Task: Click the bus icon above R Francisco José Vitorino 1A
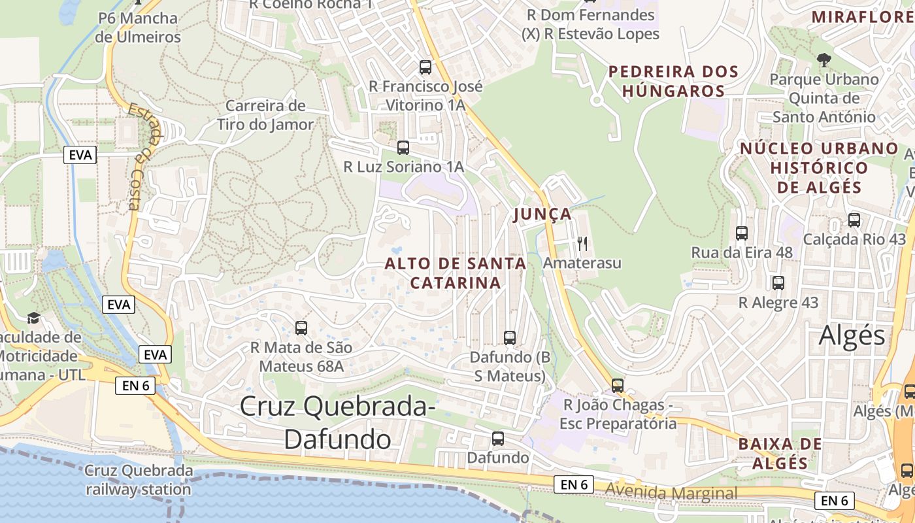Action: click(425, 67)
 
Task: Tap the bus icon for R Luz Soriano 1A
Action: click(403, 148)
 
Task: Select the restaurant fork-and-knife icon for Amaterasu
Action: click(582, 244)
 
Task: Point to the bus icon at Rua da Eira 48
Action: click(742, 233)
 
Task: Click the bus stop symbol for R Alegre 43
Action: click(778, 283)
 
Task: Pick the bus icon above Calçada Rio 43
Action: click(854, 220)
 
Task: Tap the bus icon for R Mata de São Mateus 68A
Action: click(301, 328)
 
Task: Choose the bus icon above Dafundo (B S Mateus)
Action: click(510, 338)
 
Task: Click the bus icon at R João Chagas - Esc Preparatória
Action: click(618, 386)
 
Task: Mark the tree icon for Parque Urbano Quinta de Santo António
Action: click(823, 60)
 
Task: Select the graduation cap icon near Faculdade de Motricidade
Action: click(33, 318)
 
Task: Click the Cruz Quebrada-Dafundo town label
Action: click(337, 422)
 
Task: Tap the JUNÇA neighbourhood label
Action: click(542, 214)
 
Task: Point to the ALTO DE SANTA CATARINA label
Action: click(456, 273)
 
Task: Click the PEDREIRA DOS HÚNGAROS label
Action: click(673, 81)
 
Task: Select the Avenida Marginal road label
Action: click(671, 492)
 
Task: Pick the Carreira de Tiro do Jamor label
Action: click(265, 115)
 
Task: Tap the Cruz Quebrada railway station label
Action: click(139, 480)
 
